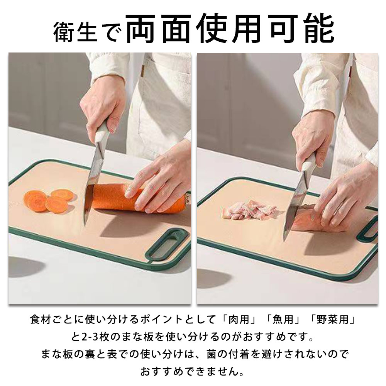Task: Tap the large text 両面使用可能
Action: [x=230, y=29]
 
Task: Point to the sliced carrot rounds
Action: [x=49, y=200]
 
